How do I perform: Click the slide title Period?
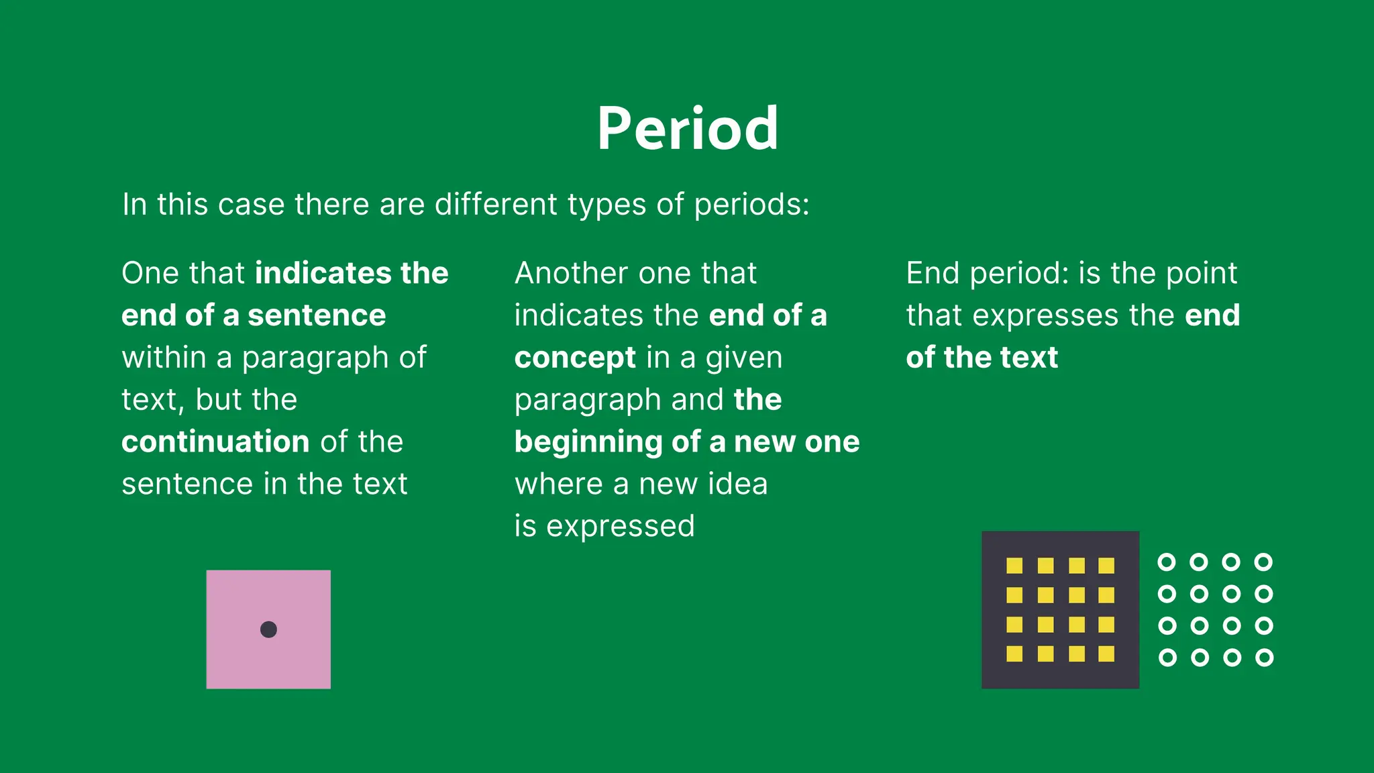688,129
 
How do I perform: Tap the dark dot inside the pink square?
268,629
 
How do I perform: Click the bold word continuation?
215,442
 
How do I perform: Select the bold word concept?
575,358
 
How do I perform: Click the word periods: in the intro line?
751,205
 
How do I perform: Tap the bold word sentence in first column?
317,315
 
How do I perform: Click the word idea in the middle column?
735,484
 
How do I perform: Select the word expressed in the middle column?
621,526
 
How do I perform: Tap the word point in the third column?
1201,273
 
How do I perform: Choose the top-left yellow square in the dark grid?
1014,566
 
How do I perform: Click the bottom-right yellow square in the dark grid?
1106,654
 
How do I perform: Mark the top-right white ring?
1263,562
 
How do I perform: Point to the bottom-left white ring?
1167,658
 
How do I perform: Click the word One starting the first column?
150,273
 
